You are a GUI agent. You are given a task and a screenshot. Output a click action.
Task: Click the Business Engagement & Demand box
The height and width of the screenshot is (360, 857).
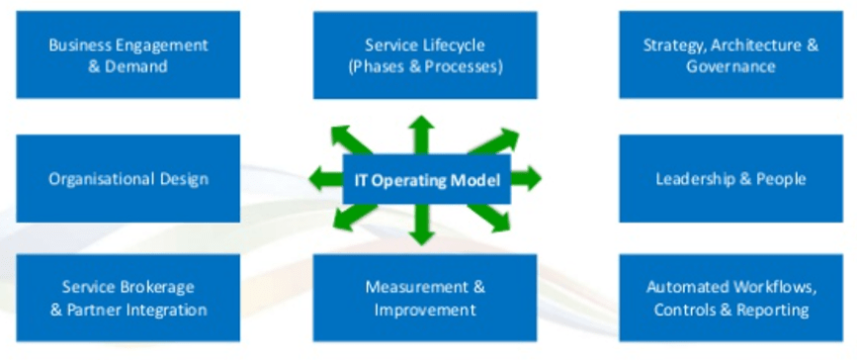click(x=128, y=55)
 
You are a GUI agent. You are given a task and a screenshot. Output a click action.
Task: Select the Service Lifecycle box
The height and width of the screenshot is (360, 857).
click(x=425, y=55)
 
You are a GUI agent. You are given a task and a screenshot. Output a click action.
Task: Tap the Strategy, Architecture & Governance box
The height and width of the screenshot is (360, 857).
click(x=730, y=55)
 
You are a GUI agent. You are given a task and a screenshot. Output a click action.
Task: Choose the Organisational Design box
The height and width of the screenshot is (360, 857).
click(x=128, y=179)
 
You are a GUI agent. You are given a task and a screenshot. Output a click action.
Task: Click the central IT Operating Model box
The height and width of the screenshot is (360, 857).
click(x=427, y=180)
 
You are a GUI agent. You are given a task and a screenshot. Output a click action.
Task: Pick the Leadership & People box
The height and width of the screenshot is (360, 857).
click(x=730, y=179)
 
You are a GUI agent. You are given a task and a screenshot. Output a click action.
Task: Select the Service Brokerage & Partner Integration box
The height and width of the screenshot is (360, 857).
click(x=128, y=299)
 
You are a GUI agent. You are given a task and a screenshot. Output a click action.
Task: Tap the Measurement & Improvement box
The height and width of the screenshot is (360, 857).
click(x=425, y=299)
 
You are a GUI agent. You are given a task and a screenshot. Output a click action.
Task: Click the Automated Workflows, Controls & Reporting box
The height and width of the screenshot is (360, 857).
click(x=730, y=299)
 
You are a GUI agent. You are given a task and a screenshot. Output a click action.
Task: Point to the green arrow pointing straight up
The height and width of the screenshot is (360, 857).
click(x=422, y=133)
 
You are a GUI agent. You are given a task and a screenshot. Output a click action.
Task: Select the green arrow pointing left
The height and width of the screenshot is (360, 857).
click(x=323, y=179)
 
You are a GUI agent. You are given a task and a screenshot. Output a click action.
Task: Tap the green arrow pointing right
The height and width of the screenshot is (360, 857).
click(x=528, y=179)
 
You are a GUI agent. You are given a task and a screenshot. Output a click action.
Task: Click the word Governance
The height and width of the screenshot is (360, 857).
click(x=730, y=67)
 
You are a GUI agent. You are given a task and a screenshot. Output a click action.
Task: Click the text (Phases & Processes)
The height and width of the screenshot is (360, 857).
click(x=425, y=67)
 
